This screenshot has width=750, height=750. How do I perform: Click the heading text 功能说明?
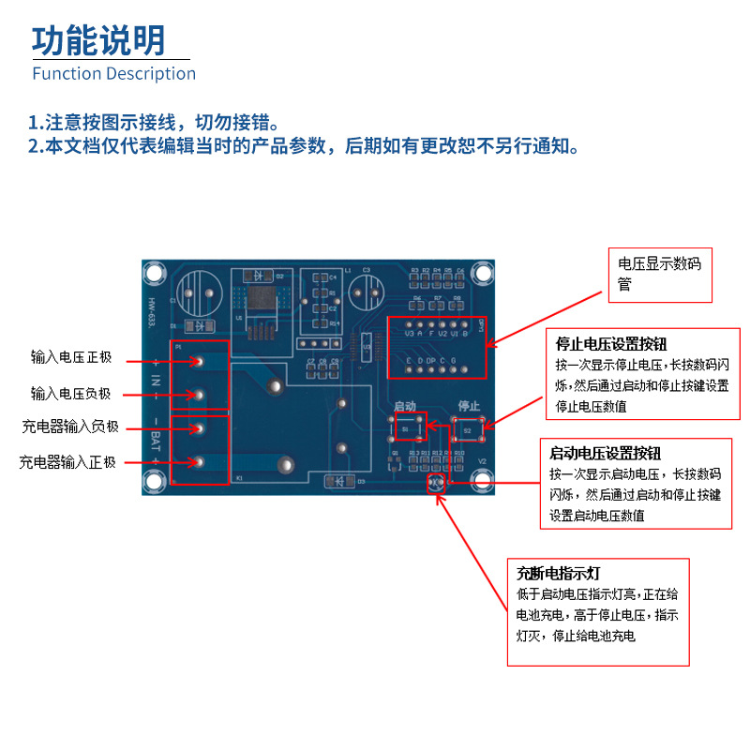(98, 40)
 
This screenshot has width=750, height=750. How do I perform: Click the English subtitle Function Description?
(114, 74)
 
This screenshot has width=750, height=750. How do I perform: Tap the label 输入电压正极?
(71, 357)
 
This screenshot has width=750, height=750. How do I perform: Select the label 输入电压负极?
(71, 395)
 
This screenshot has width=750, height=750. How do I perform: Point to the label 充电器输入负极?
(71, 427)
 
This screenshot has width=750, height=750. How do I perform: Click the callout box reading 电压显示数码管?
(659, 274)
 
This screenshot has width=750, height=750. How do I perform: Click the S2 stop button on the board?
(468, 430)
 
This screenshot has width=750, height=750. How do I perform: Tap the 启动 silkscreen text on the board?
(405, 406)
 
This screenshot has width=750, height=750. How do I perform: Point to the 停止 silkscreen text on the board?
(469, 406)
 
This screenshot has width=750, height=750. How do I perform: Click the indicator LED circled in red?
(435, 483)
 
